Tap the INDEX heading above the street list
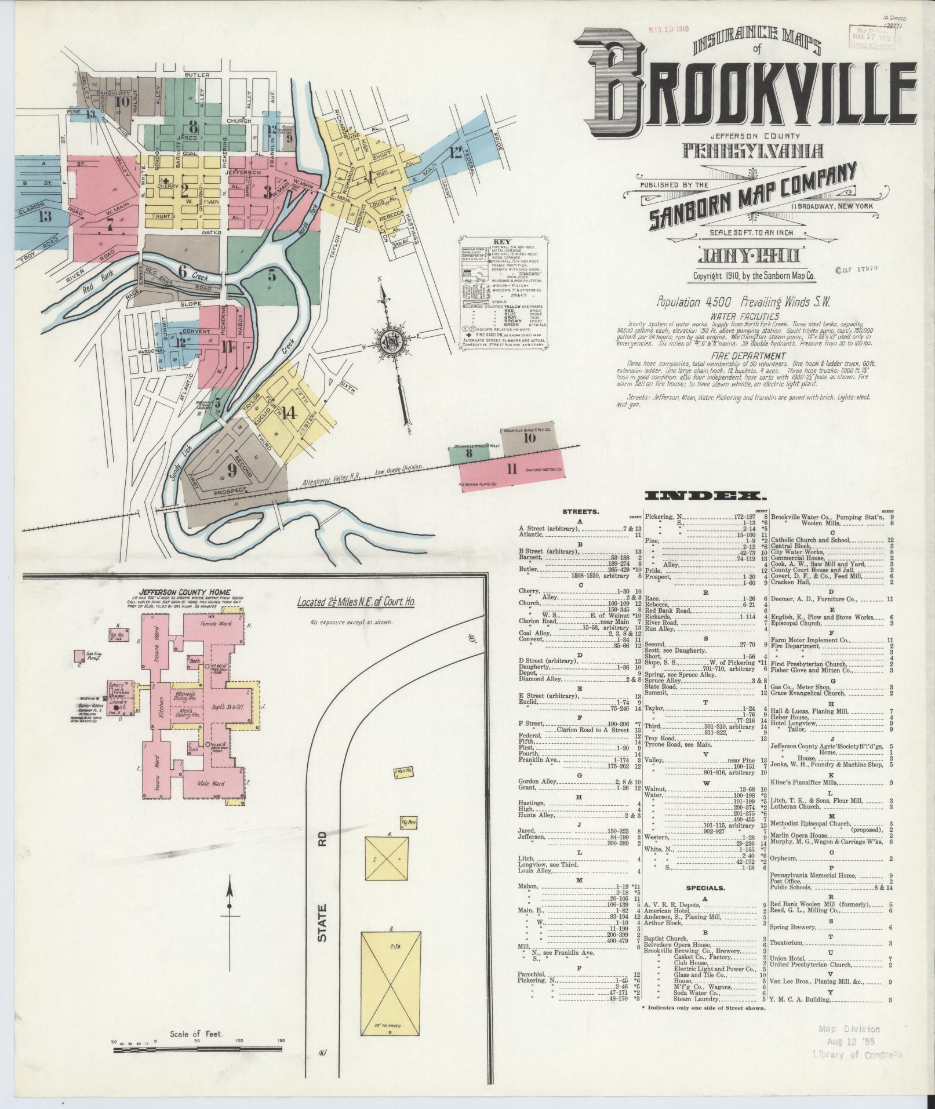click(705, 496)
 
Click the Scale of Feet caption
click(197, 1034)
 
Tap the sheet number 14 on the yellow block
click(290, 413)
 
